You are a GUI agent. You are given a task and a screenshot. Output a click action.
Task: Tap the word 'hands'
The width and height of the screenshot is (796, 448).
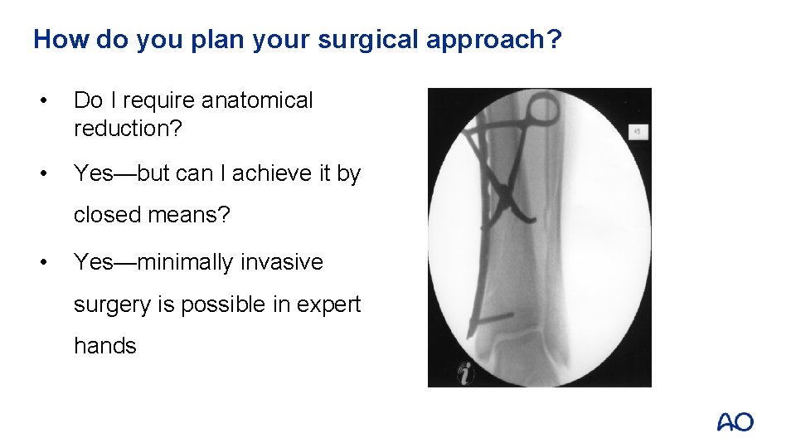tap(104, 345)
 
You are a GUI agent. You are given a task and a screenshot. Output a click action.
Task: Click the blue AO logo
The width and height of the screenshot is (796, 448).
tap(735, 421)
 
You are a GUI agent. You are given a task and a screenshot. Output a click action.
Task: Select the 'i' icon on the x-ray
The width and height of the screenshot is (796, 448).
tap(465, 373)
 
